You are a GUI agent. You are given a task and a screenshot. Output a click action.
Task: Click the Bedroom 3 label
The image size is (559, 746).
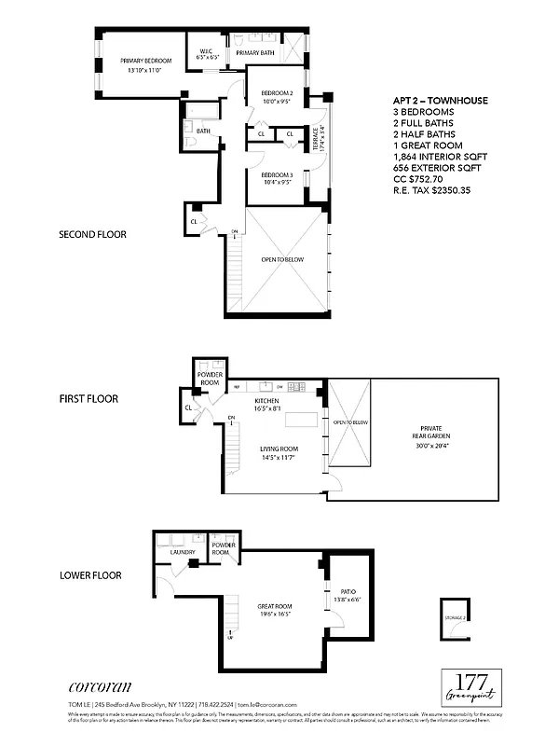point(277,179)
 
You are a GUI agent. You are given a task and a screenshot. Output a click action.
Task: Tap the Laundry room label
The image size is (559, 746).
point(182,552)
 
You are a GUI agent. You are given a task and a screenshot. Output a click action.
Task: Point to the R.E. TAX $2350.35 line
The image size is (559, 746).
point(431,190)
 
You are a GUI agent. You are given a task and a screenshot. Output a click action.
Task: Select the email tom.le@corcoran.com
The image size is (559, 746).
point(267,705)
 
